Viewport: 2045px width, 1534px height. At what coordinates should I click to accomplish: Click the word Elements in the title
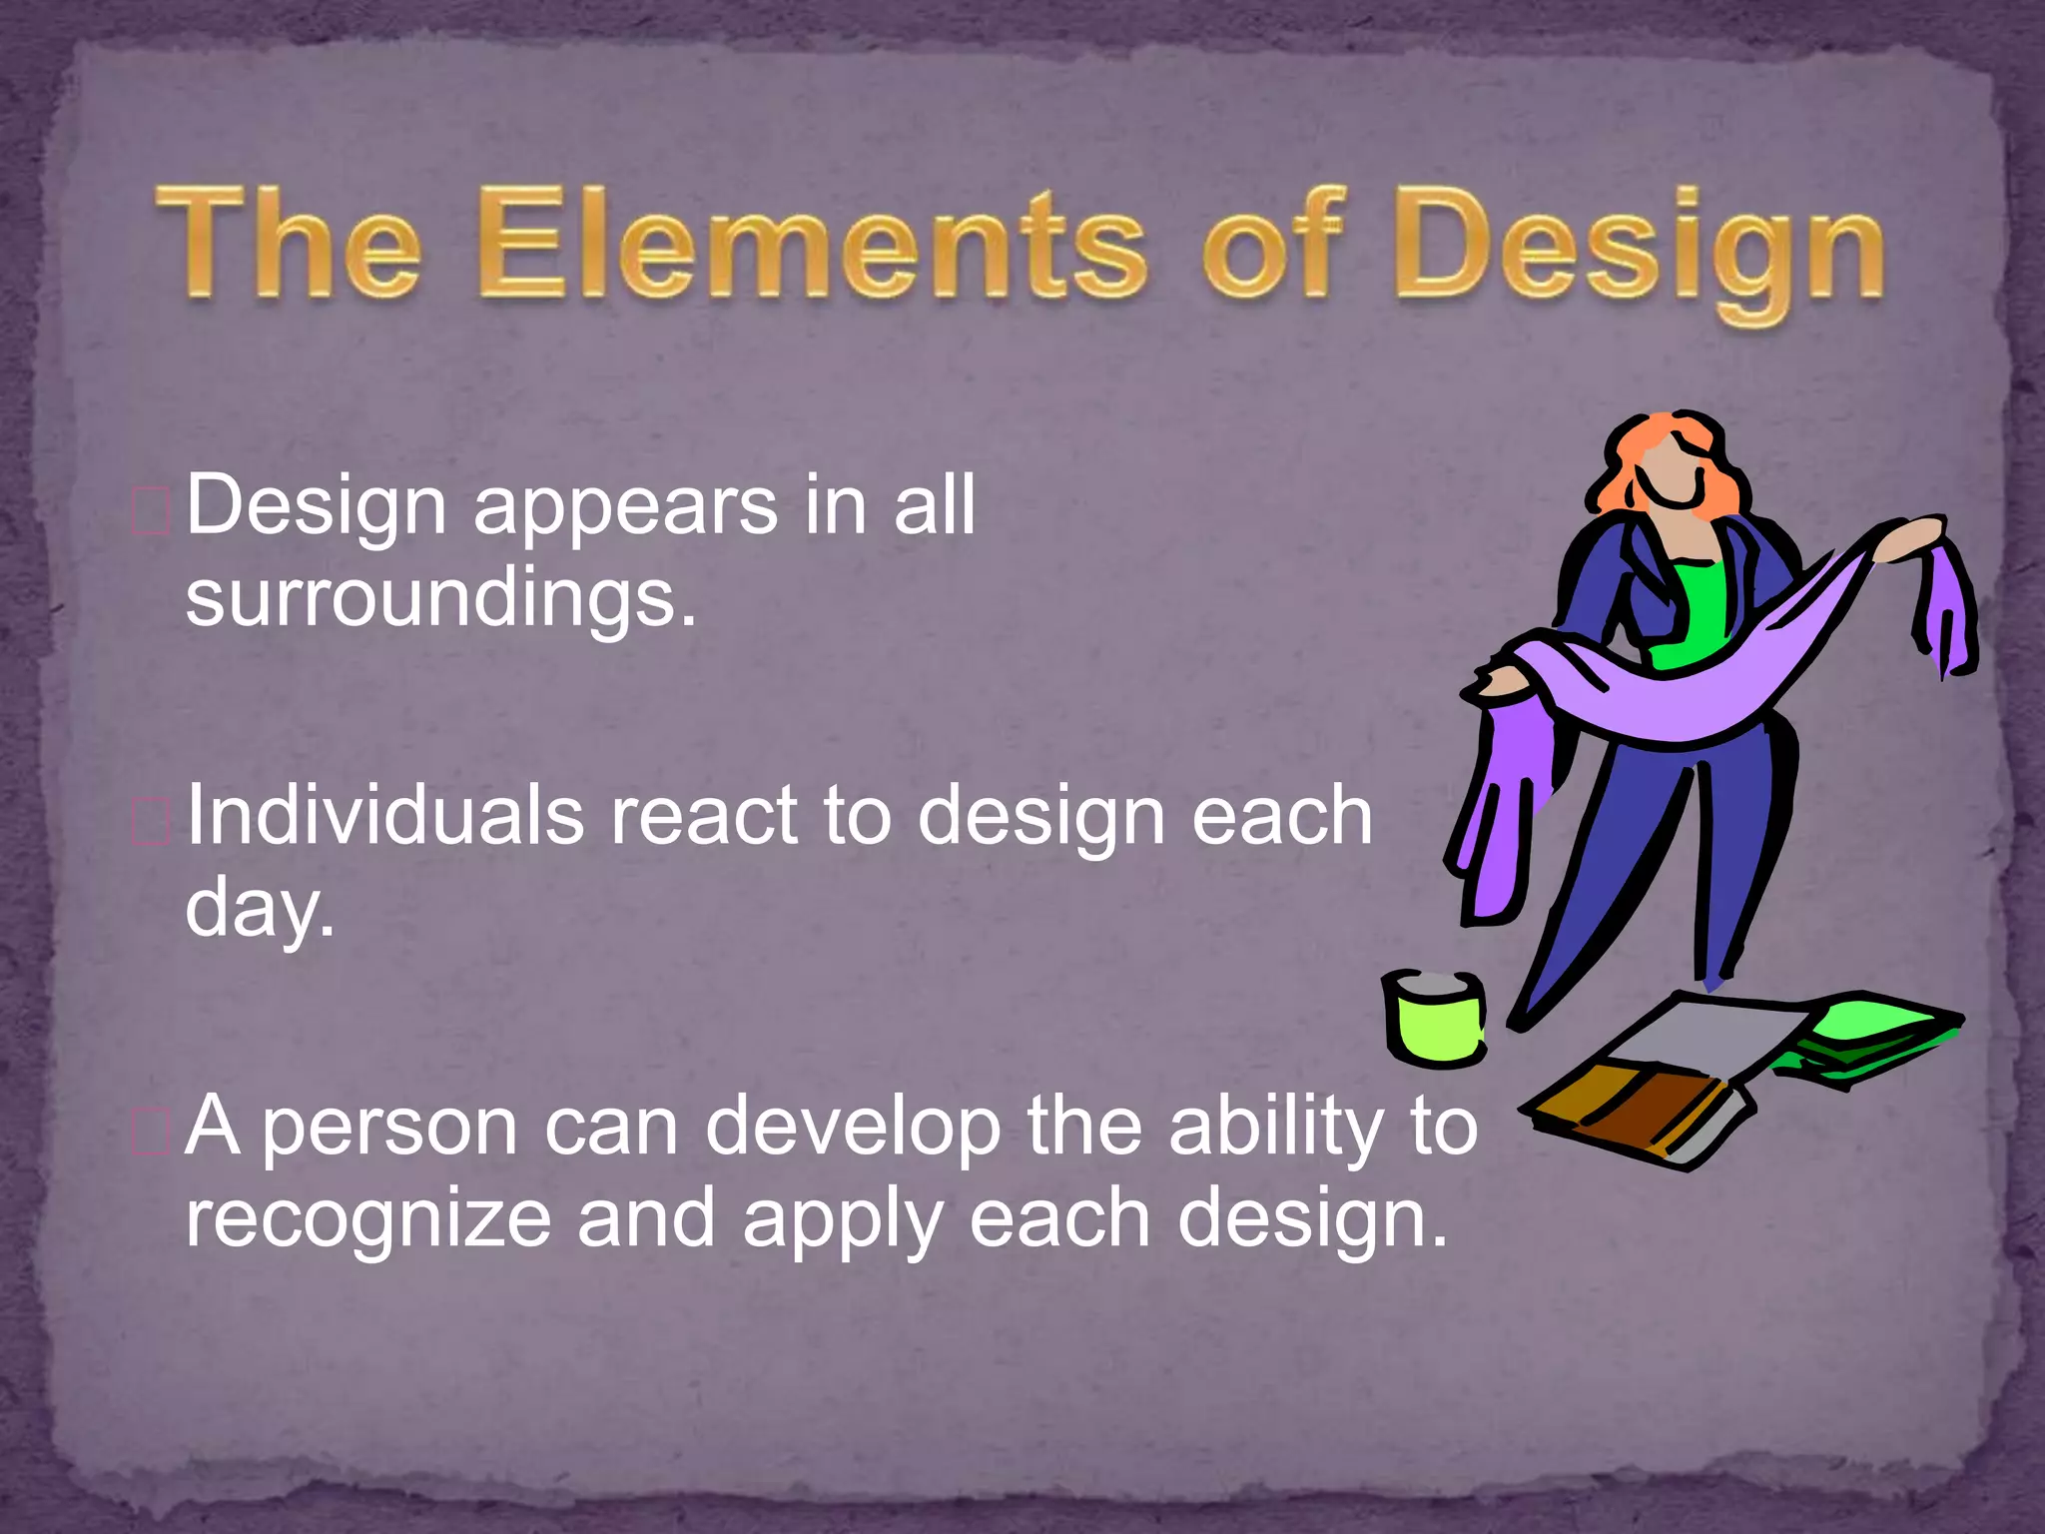point(811,245)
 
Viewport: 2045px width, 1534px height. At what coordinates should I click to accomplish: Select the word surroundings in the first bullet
point(439,599)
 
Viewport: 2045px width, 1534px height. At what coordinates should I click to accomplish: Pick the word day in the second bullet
point(258,909)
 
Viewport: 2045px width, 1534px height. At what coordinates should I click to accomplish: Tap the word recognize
point(367,1220)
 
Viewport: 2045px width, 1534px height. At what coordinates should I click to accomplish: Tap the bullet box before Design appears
point(151,512)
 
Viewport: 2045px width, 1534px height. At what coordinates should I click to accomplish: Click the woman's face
point(1678,469)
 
